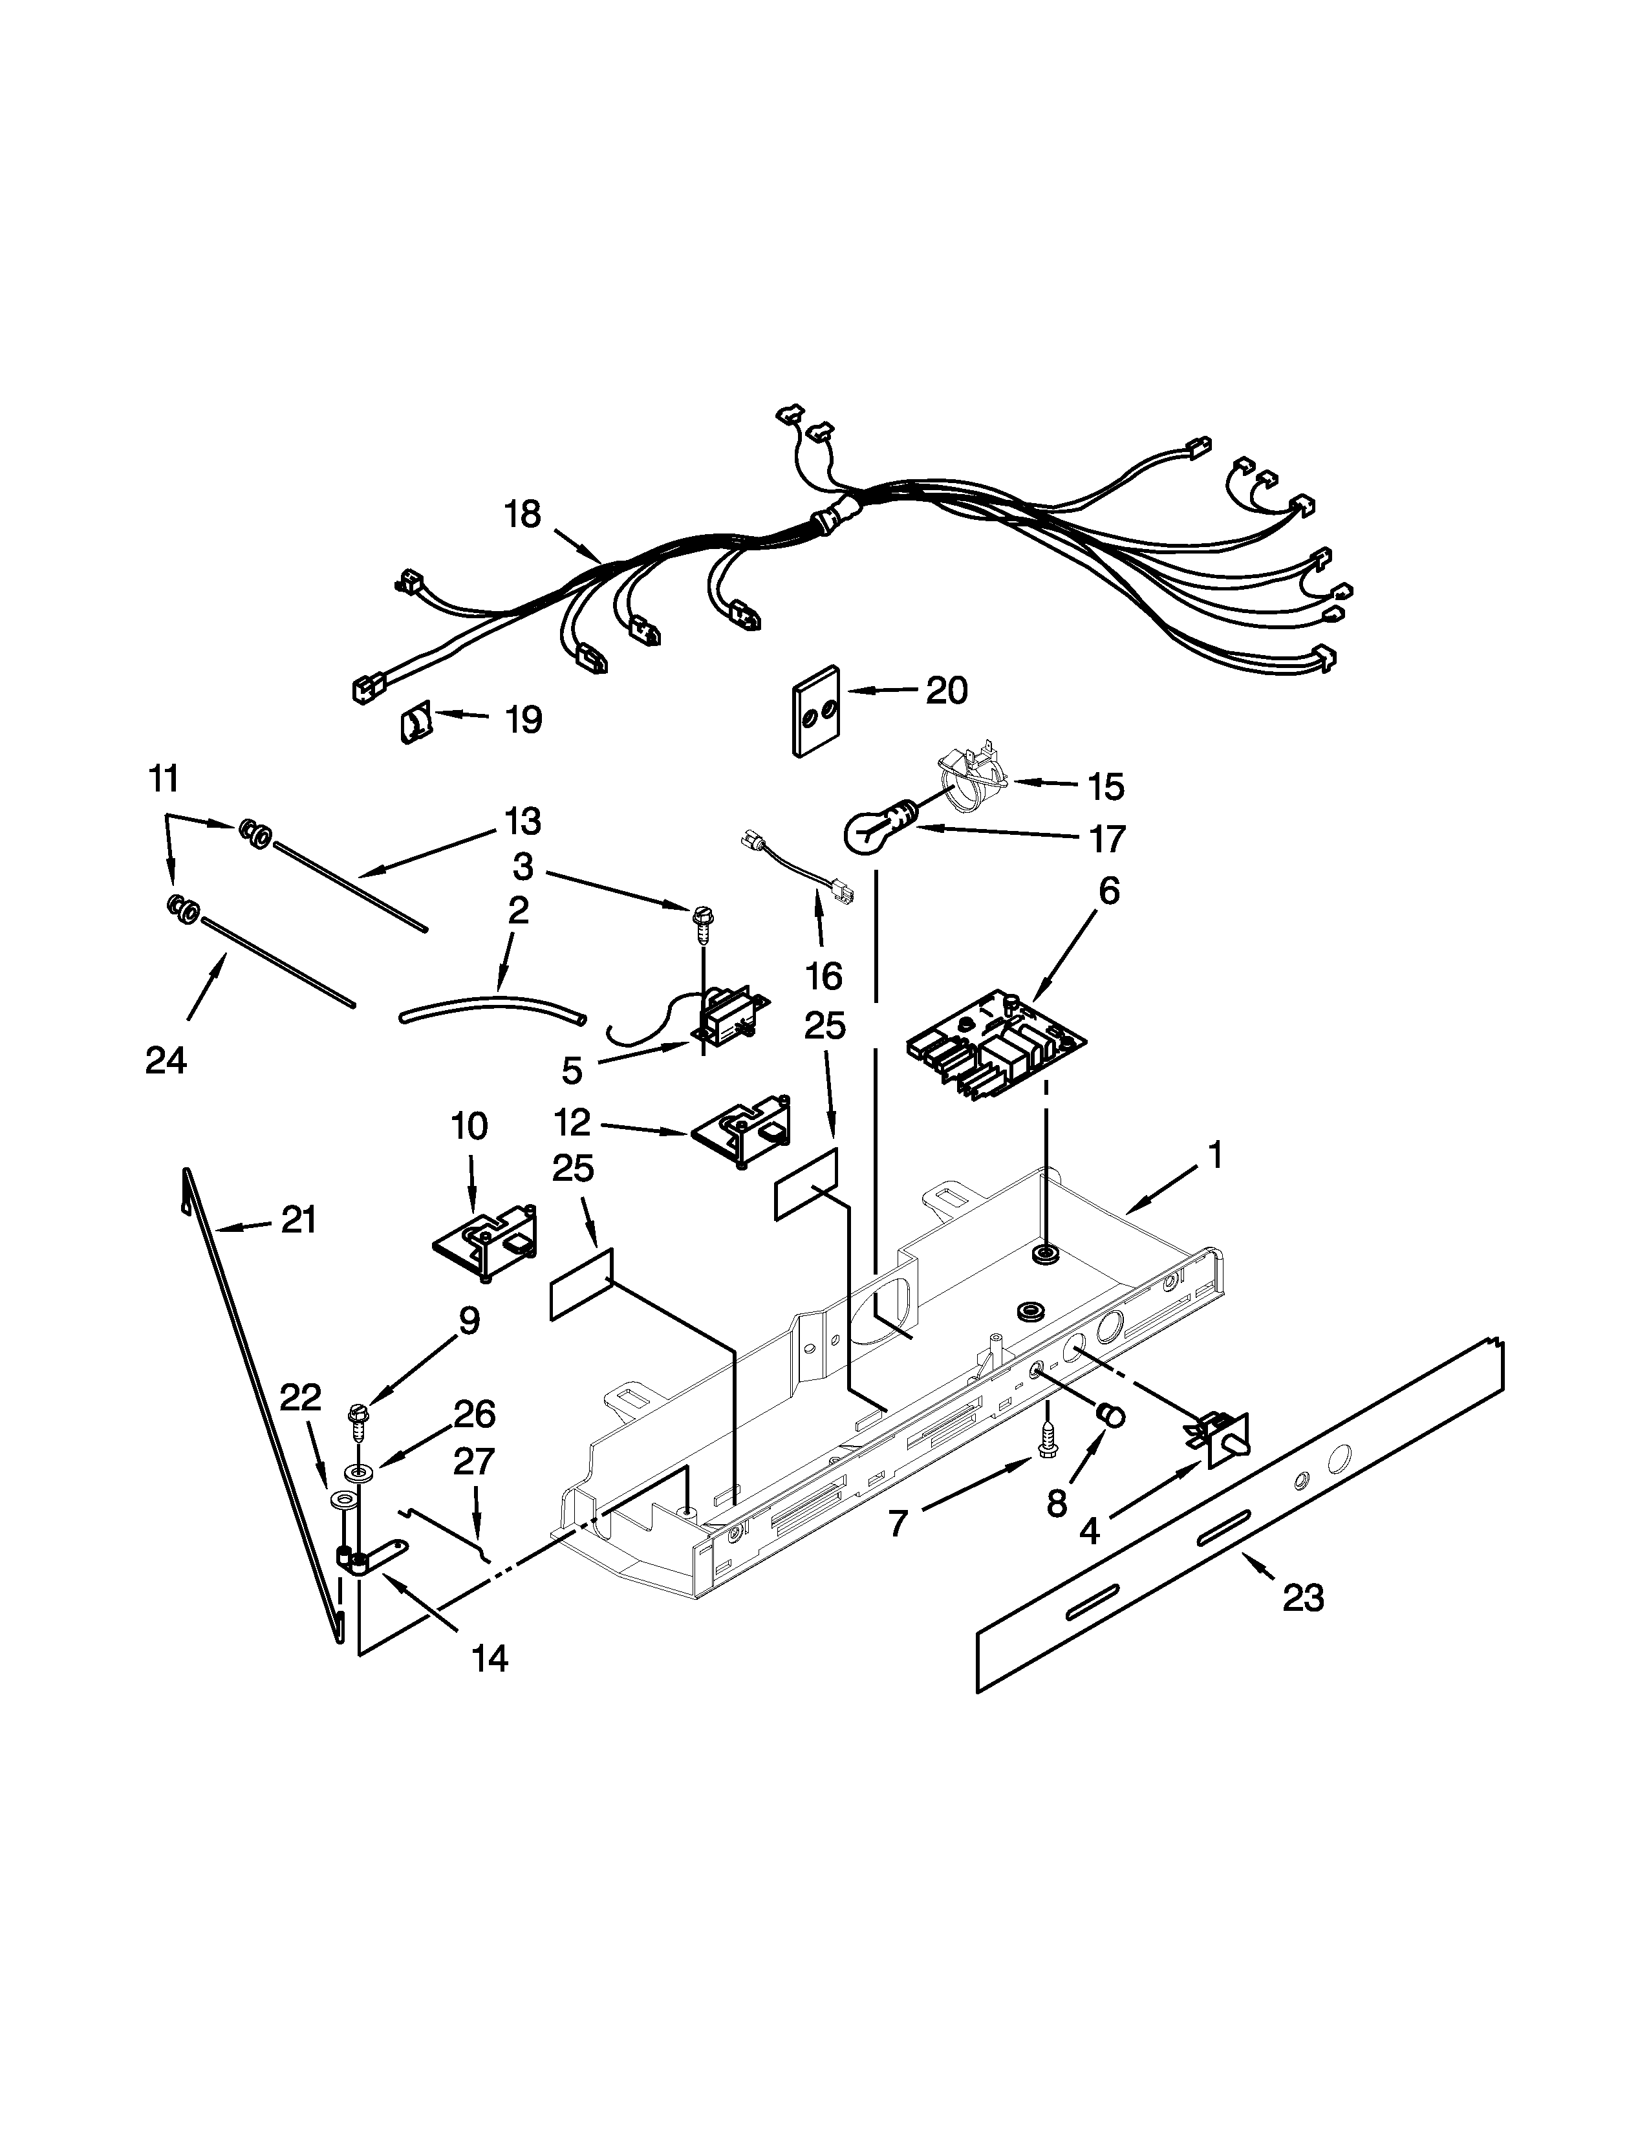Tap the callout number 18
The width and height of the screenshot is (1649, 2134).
523,514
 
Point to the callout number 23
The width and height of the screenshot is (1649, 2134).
1302,1599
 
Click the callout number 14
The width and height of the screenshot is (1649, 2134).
490,1657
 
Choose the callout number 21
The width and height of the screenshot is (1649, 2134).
299,1220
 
